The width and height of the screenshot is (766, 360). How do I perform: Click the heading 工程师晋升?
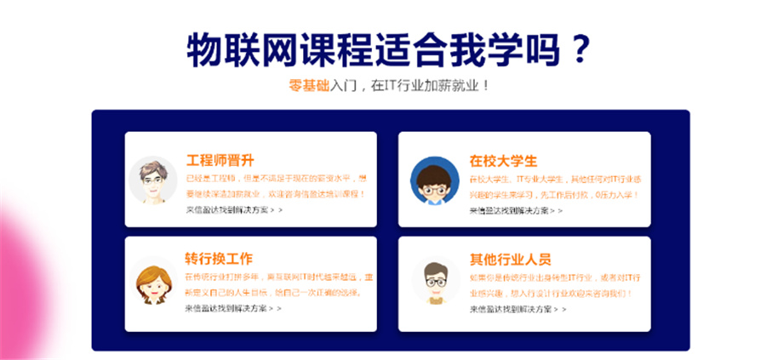click(x=220, y=160)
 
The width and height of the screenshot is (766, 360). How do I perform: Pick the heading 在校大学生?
click(x=503, y=160)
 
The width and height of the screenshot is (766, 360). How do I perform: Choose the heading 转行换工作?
click(x=219, y=259)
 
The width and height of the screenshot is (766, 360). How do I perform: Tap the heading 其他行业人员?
click(x=510, y=259)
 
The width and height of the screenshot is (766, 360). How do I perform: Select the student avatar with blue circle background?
click(x=434, y=180)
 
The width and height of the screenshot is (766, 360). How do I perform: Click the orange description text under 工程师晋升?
click(x=277, y=186)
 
